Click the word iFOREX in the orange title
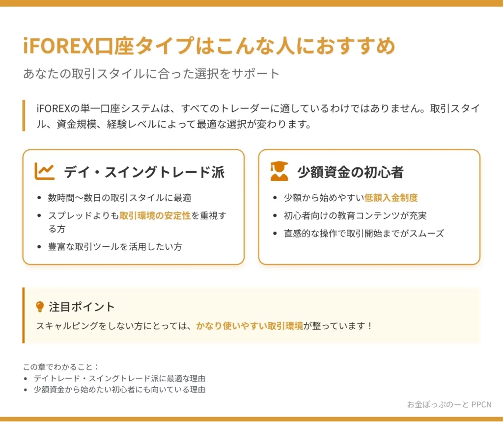point(58,46)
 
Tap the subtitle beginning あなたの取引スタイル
point(151,74)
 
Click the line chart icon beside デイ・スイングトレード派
point(44,171)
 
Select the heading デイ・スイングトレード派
point(144,172)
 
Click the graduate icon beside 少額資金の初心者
point(279,171)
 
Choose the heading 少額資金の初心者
point(350,172)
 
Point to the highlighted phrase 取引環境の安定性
point(155,215)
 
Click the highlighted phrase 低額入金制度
point(391,198)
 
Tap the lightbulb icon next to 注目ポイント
point(40,307)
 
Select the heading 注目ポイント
point(82,307)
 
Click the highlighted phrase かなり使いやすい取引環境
point(250,326)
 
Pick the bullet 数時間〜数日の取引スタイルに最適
point(120,198)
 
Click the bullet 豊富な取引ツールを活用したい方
point(115,246)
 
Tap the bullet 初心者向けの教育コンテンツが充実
point(355,215)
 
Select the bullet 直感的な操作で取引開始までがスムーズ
point(364,233)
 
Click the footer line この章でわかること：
point(61,367)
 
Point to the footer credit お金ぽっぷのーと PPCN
point(449,404)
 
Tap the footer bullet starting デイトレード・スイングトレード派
point(119,378)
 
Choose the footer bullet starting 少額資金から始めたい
point(119,390)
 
